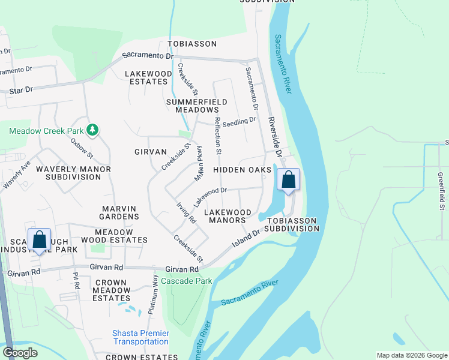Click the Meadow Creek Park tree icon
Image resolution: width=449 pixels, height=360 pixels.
92,130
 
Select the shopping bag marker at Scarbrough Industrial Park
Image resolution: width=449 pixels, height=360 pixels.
40,240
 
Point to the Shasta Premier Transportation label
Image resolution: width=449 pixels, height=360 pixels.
140,337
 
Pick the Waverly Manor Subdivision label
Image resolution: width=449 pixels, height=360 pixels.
73,173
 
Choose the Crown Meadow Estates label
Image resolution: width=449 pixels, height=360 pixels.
111,290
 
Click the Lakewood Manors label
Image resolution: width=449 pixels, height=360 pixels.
228,216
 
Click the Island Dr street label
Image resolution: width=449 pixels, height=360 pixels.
246,238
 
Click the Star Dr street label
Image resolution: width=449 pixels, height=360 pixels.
21,90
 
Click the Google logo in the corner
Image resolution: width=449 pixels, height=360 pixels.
20,353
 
